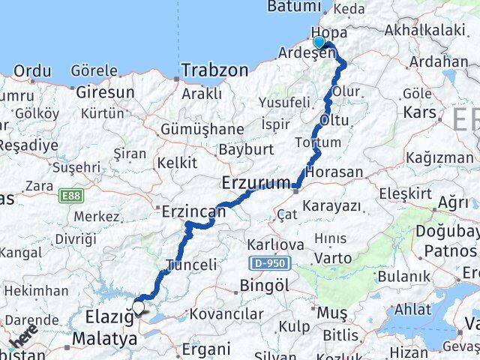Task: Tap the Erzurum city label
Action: pyautogui.click(x=256, y=182)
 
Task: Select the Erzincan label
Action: pyautogui.click(x=193, y=213)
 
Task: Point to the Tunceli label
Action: pyautogui.click(x=191, y=265)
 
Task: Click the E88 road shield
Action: pyautogui.click(x=72, y=196)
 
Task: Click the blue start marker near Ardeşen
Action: pyautogui.click(x=319, y=43)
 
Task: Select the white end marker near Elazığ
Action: pyautogui.click(x=138, y=306)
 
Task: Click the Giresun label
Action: pyautogui.click(x=105, y=93)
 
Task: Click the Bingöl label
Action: pyautogui.click(x=264, y=285)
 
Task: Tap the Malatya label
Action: pyautogui.click(x=105, y=339)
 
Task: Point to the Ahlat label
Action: pyautogui.click(x=412, y=309)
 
